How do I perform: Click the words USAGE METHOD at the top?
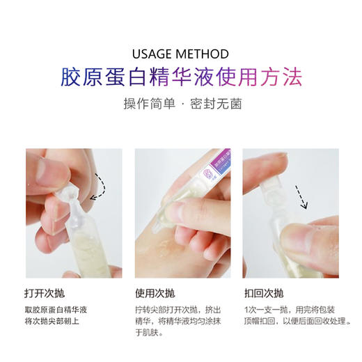[x=181, y=54]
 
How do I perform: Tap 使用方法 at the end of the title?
[x=260, y=77]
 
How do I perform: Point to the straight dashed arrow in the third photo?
[x=301, y=196]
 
